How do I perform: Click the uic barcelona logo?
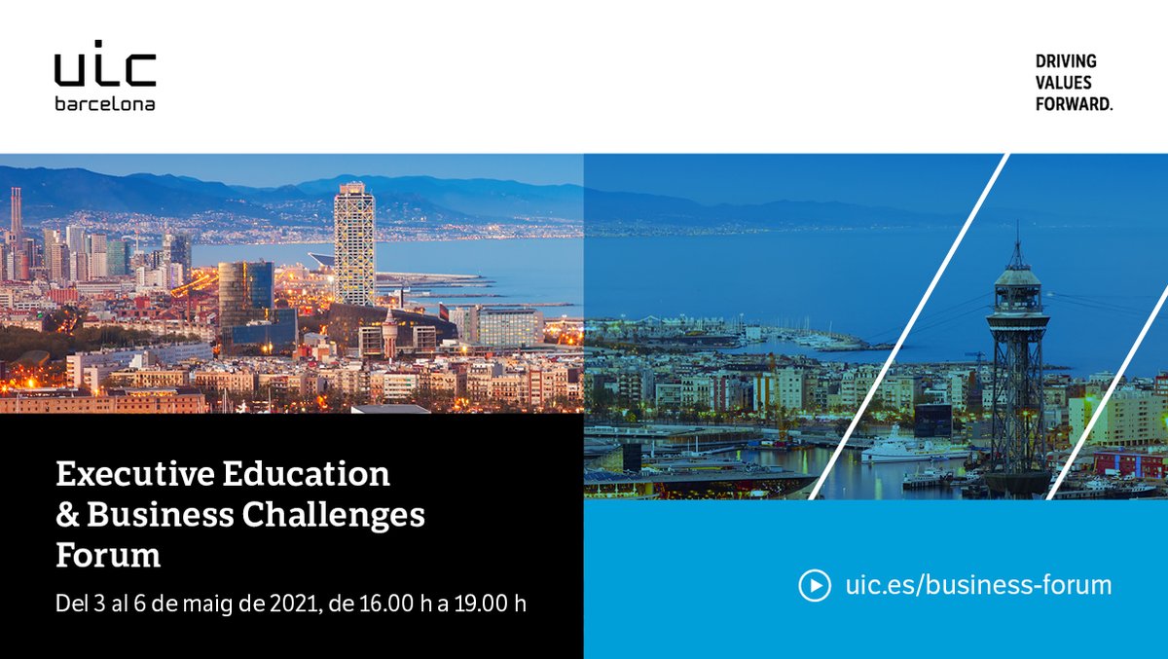[105, 76]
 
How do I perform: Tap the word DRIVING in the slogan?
[1066, 61]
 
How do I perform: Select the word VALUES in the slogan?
[1063, 83]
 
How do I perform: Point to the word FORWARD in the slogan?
[1074, 104]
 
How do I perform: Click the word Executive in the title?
[135, 474]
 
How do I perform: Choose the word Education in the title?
[306, 474]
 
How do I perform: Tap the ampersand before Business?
[67, 515]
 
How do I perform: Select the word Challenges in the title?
[333, 516]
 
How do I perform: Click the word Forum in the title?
[108, 555]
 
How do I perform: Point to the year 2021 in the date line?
[295, 604]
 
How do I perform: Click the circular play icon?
[815, 585]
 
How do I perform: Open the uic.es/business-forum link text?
[978, 585]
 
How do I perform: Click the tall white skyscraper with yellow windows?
[354, 243]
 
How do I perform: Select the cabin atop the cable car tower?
[1017, 292]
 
